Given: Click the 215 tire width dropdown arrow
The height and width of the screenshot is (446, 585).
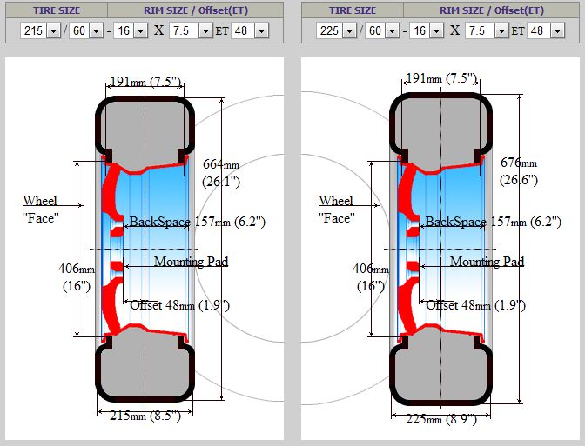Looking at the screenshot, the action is pos(53,30).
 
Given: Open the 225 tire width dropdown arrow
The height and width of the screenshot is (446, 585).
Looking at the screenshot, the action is pos(349,30).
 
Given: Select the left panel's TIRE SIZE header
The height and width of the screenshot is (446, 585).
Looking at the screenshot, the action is pos(57,10).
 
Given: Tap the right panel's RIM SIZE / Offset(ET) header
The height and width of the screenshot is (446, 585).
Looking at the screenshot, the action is pos(492,10).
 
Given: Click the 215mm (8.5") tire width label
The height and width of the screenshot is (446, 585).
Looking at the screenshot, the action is pos(145,416).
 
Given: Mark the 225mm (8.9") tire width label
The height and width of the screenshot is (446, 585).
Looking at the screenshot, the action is pos(441,420).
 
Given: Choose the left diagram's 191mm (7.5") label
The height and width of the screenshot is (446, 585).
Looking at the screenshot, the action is pos(146,81).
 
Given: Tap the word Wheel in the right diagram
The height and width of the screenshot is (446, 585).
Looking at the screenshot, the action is pos(336,201).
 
